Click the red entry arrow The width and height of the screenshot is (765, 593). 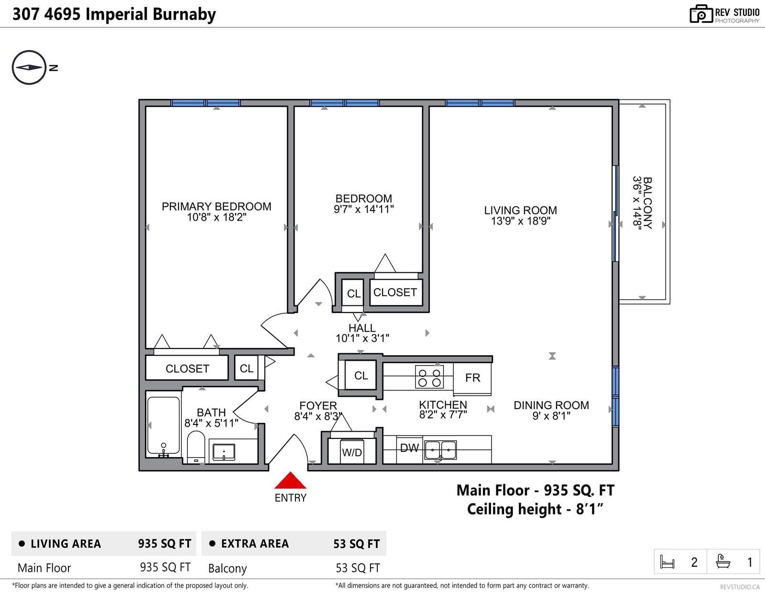point(290,480)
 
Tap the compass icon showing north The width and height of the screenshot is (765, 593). point(29,67)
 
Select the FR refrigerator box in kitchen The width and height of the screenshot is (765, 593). point(472,379)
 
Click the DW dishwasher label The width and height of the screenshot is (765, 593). point(409,448)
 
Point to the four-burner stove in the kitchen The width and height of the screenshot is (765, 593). point(429,377)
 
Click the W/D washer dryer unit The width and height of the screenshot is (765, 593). point(352,452)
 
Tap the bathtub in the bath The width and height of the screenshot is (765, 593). point(164,425)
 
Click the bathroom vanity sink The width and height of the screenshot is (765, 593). point(224,452)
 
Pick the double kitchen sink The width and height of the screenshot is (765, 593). point(440,450)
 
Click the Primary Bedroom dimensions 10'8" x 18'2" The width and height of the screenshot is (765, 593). point(217,217)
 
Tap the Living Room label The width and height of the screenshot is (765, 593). point(520,211)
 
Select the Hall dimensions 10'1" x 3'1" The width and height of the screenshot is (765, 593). point(362,338)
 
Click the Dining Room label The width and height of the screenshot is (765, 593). point(551,405)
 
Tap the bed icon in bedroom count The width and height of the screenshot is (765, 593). point(667,561)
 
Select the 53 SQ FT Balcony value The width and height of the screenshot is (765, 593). point(358,568)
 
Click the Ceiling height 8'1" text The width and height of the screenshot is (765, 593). point(535,510)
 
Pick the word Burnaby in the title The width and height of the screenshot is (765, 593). point(184,15)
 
